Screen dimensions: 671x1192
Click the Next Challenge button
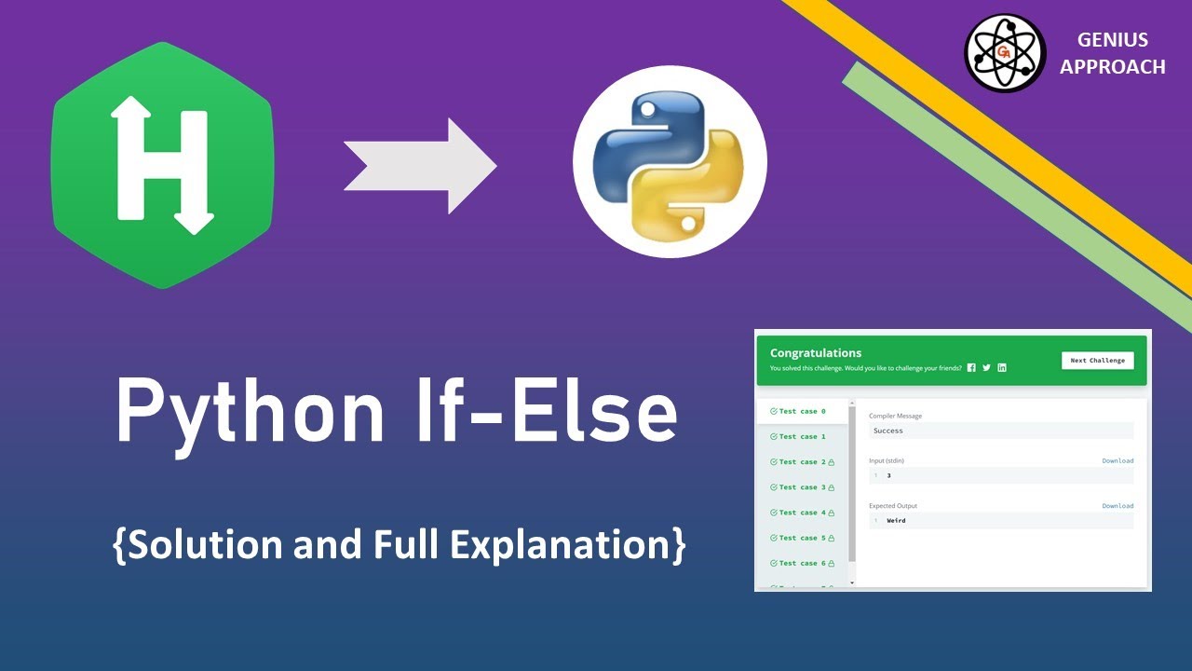coord(1097,361)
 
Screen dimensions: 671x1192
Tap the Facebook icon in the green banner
coord(971,368)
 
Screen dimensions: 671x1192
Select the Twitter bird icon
coord(986,368)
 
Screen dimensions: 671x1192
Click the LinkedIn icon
coord(1002,368)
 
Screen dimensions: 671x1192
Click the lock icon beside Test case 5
coord(831,538)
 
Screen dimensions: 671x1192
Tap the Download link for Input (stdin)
coord(1117,460)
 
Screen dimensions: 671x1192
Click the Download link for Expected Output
coord(1117,506)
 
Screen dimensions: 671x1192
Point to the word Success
coord(887,431)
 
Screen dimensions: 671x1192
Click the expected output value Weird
coord(896,521)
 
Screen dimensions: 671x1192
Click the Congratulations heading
coord(816,353)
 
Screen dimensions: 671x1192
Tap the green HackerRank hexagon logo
coord(162,165)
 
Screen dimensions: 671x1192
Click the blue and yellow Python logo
coord(670,162)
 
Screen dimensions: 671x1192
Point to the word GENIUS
coord(1112,40)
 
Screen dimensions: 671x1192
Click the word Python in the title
coord(251,411)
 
